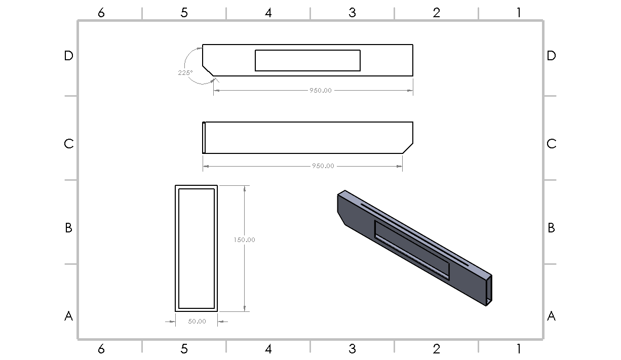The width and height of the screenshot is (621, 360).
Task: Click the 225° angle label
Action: point(185,72)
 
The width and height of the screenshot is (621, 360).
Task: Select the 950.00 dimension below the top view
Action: point(321,90)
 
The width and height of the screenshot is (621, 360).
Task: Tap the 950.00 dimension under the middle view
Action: point(323,166)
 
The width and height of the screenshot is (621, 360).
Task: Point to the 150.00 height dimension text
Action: point(244,239)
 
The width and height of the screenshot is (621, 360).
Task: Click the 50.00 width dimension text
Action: point(197,322)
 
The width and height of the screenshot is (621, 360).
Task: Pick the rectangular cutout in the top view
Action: point(307,60)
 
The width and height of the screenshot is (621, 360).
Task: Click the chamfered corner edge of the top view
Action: point(208,71)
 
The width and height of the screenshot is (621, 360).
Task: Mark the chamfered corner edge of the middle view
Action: point(408,148)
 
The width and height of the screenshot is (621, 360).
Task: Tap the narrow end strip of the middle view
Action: point(204,137)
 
